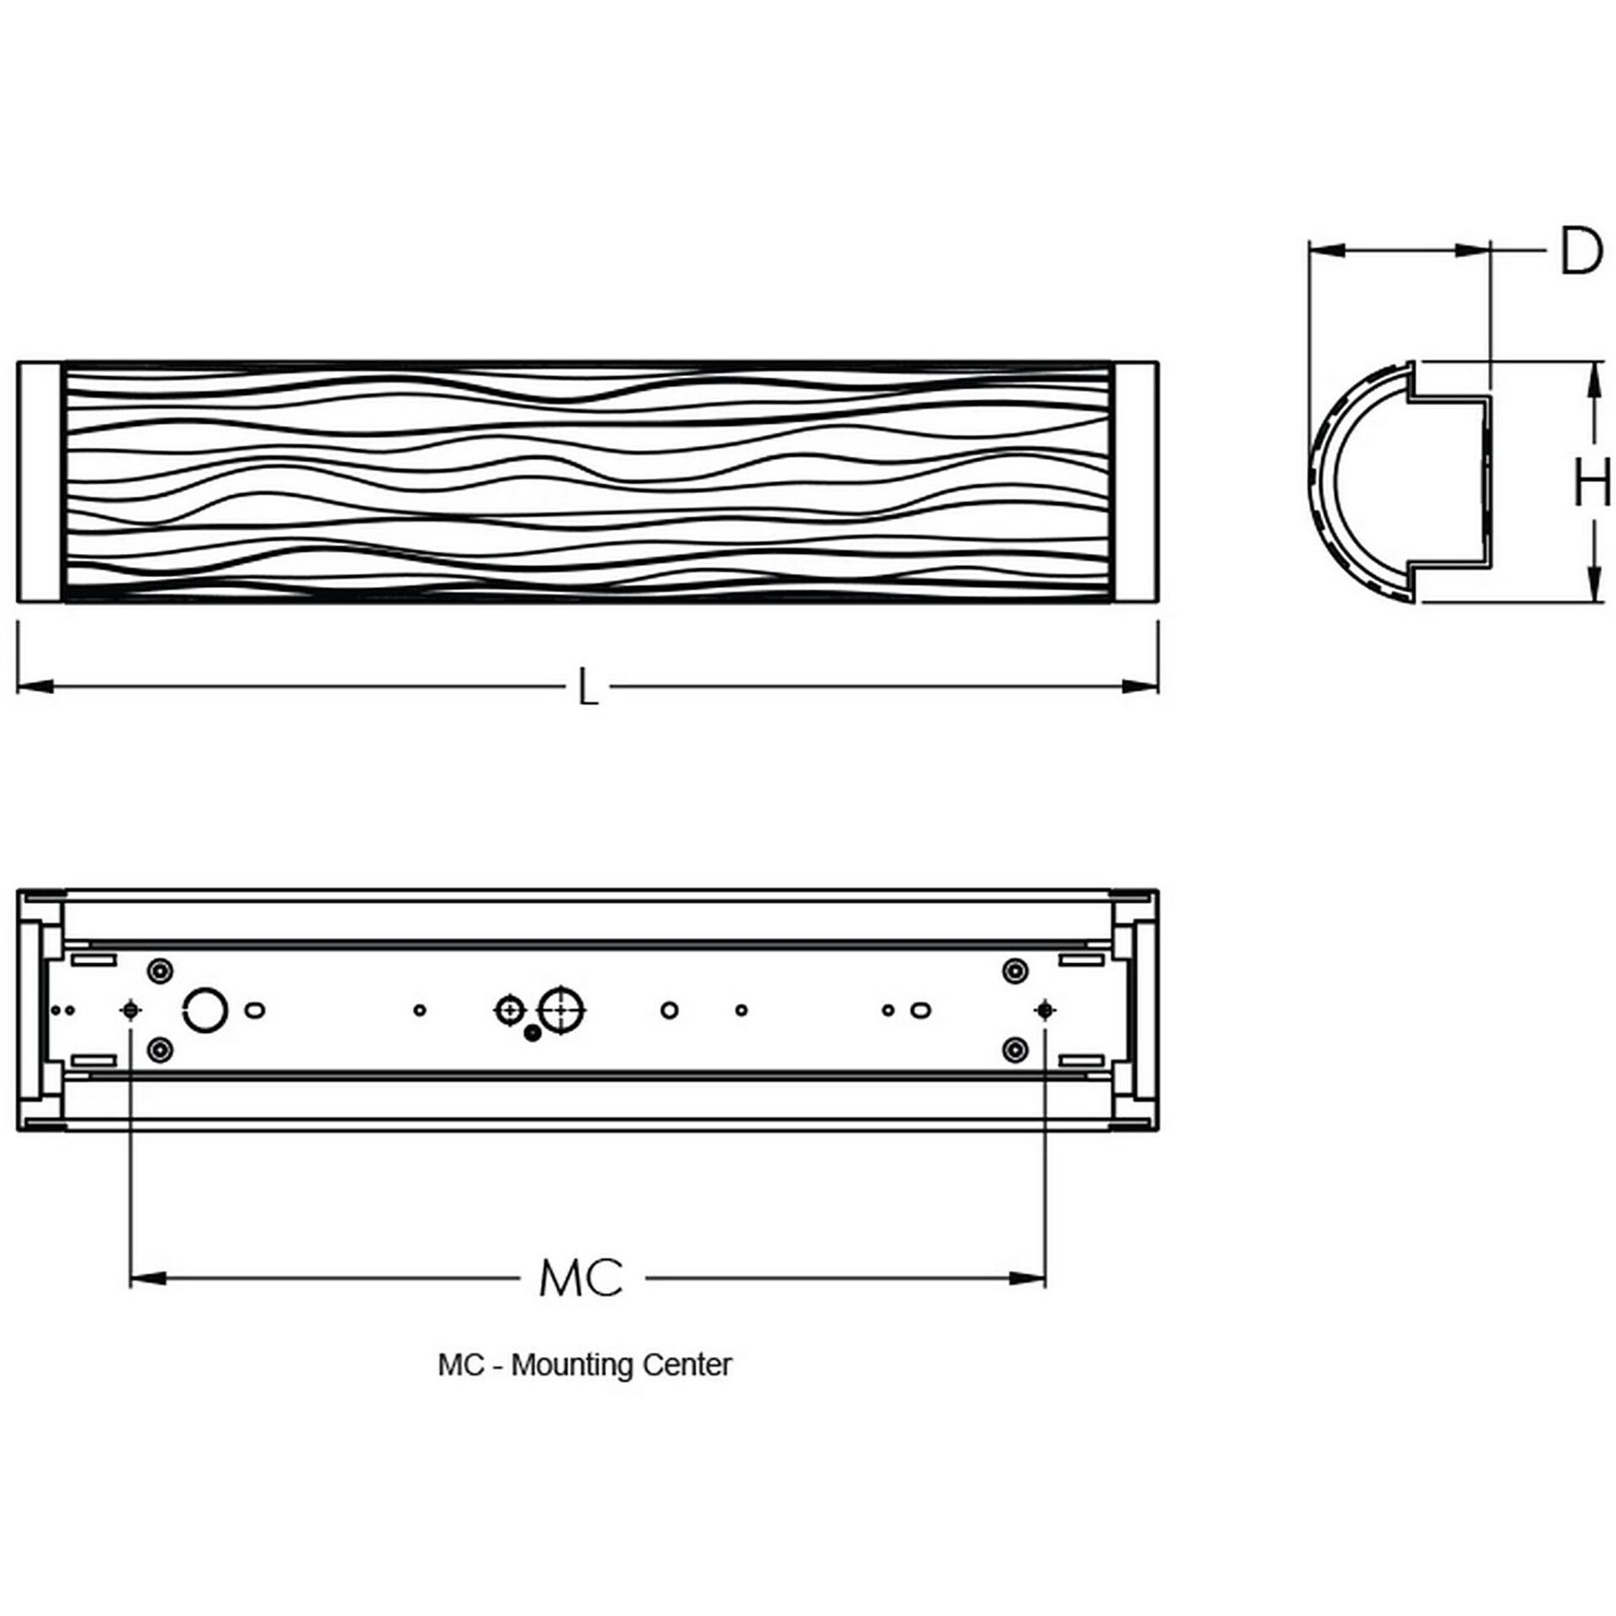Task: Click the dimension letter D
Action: click(1581, 251)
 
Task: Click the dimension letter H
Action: click(1592, 482)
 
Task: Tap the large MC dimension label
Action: click(581, 1278)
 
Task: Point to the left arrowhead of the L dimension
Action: click(34, 687)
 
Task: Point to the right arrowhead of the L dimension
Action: click(1142, 687)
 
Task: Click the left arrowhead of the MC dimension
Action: click(147, 1279)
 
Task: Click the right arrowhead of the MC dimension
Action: click(1028, 1279)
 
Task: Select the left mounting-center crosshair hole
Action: click(130, 1009)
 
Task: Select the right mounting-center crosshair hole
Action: click(1044, 1009)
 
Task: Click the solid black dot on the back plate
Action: click(531, 1034)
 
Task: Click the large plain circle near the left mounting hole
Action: click(204, 1009)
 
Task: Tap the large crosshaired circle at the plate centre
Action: click(562, 1009)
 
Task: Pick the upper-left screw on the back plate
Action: click(160, 971)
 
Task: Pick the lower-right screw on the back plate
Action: click(1016, 1049)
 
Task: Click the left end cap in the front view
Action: click(39, 482)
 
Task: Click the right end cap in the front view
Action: click(1137, 482)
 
